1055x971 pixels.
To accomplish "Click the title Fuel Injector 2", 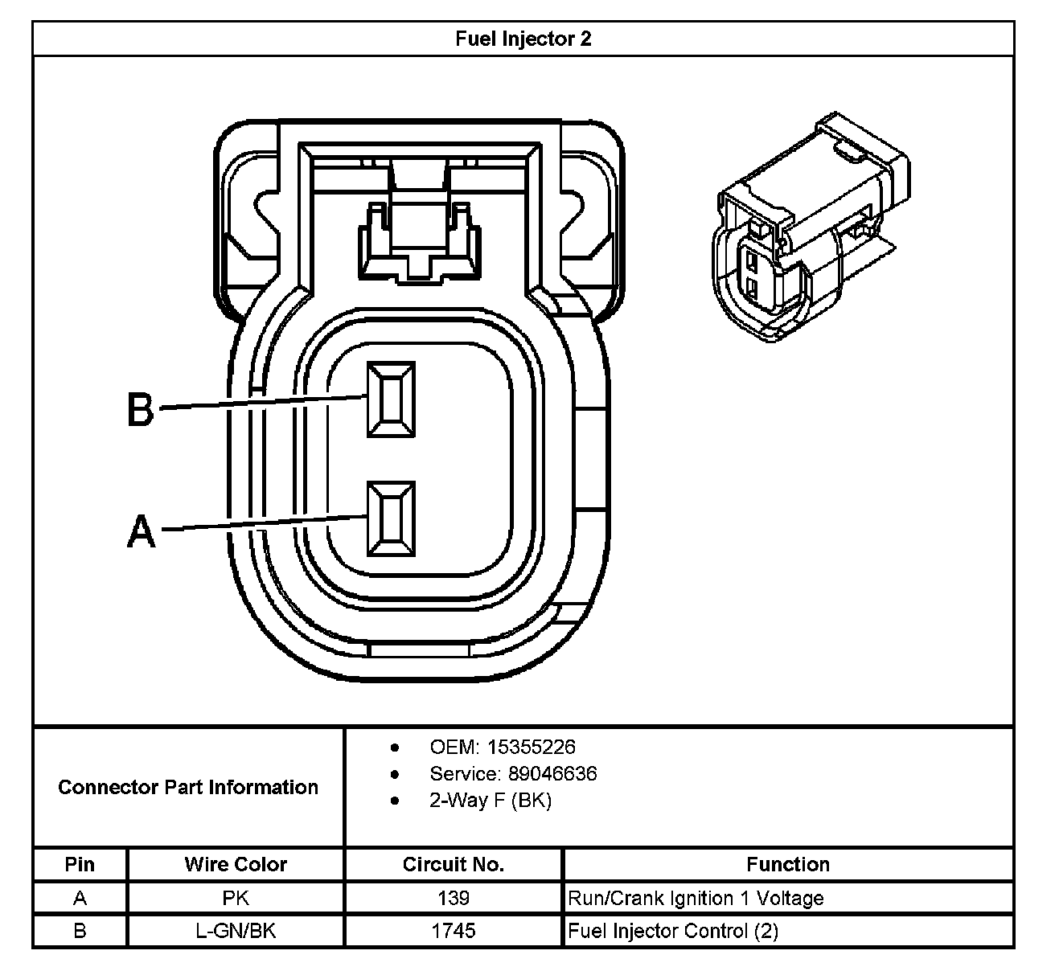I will tap(523, 39).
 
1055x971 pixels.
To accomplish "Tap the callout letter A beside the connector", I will tap(142, 531).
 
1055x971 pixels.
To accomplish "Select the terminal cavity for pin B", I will tap(392, 399).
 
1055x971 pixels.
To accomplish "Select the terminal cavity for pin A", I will tap(392, 518).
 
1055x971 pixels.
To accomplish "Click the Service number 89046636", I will tap(552, 773).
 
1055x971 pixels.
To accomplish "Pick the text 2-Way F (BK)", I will tap(491, 801).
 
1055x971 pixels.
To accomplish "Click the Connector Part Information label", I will tap(188, 787).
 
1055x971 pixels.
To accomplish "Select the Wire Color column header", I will tap(236, 864).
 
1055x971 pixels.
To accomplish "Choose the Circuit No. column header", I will tap(454, 864).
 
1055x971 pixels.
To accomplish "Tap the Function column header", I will tap(787, 864).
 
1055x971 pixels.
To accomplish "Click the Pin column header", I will tap(80, 864).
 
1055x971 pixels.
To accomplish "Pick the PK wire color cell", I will tap(236, 898).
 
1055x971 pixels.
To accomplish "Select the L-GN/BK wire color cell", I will tap(236, 931).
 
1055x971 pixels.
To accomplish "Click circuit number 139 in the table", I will tap(454, 898).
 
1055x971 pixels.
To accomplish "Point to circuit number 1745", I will tap(454, 931).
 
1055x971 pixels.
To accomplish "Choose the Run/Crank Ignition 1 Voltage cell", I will tap(696, 898).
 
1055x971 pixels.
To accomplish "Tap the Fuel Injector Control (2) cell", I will tap(673, 931).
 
